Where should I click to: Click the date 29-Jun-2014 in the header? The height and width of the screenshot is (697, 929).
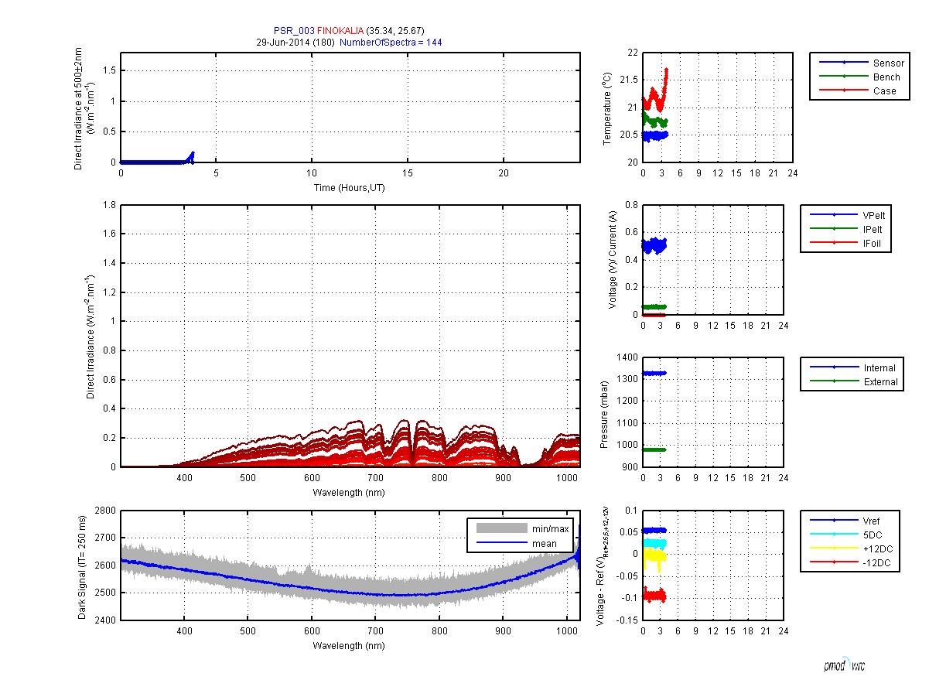pos(282,43)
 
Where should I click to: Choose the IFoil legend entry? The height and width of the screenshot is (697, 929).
pos(876,244)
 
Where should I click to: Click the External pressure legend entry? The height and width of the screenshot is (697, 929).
pos(880,382)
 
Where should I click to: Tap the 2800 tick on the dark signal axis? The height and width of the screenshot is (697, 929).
pos(105,511)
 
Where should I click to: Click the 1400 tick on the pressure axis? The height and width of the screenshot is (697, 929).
pos(627,357)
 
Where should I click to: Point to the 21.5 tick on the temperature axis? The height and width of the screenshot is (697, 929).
pos(627,80)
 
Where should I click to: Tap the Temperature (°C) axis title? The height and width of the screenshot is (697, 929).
pos(607,108)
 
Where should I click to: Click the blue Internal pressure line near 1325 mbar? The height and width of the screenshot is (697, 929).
pos(654,373)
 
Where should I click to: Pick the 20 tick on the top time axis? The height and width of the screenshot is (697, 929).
pos(503,173)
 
